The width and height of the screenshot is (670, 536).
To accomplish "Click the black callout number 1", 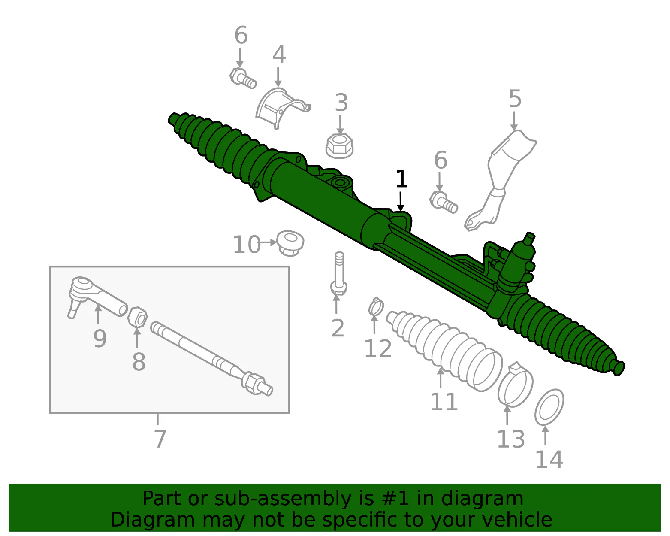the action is pos(401,179).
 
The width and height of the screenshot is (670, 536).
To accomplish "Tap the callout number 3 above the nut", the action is pos(341,103).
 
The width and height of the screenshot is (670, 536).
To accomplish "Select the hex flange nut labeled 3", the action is pos(339,146).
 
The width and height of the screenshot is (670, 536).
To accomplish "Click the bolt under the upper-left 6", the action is pos(243,79).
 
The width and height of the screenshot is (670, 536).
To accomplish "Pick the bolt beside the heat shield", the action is pos(444,202).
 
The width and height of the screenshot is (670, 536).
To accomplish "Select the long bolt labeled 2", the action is pos(339,273).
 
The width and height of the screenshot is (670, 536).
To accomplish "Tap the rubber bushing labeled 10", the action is pos(290,243).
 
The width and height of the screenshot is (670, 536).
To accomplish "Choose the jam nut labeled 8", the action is pos(137,317).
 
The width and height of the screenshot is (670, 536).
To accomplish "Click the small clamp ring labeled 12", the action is pos(376,307).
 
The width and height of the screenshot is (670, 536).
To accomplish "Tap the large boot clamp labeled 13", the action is pos(515,385).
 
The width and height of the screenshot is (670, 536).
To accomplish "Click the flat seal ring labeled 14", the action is pos(549,407).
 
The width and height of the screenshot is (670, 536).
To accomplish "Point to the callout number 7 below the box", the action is pos(160,439).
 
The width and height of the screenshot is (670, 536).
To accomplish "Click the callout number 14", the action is pos(549,459).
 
